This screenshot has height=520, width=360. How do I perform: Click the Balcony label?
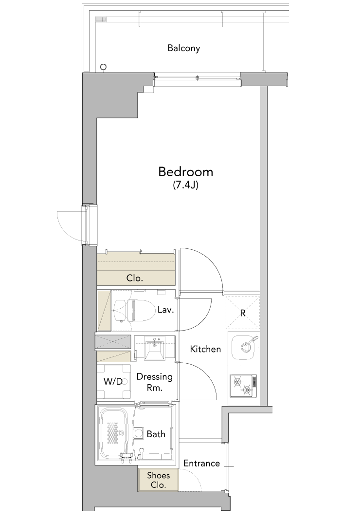(183, 48)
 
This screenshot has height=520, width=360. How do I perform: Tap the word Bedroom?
(185, 171)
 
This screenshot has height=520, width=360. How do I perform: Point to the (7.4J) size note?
(186, 185)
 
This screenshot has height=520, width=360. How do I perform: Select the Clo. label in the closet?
(135, 278)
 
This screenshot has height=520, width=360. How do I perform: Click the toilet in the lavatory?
(134, 311)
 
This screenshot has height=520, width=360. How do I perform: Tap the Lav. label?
(165, 310)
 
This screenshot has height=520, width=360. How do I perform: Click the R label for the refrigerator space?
(243, 313)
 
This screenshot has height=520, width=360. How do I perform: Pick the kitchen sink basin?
(244, 348)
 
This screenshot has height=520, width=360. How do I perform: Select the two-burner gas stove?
(243, 386)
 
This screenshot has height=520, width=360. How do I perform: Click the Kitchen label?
(205, 349)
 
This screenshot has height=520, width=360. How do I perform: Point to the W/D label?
(113, 381)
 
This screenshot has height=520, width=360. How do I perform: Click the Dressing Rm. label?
(155, 382)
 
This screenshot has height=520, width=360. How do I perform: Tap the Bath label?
(156, 434)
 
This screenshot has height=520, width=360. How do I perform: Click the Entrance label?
(201, 464)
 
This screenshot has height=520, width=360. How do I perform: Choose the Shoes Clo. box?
(159, 480)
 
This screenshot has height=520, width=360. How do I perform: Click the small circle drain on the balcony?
(104, 67)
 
